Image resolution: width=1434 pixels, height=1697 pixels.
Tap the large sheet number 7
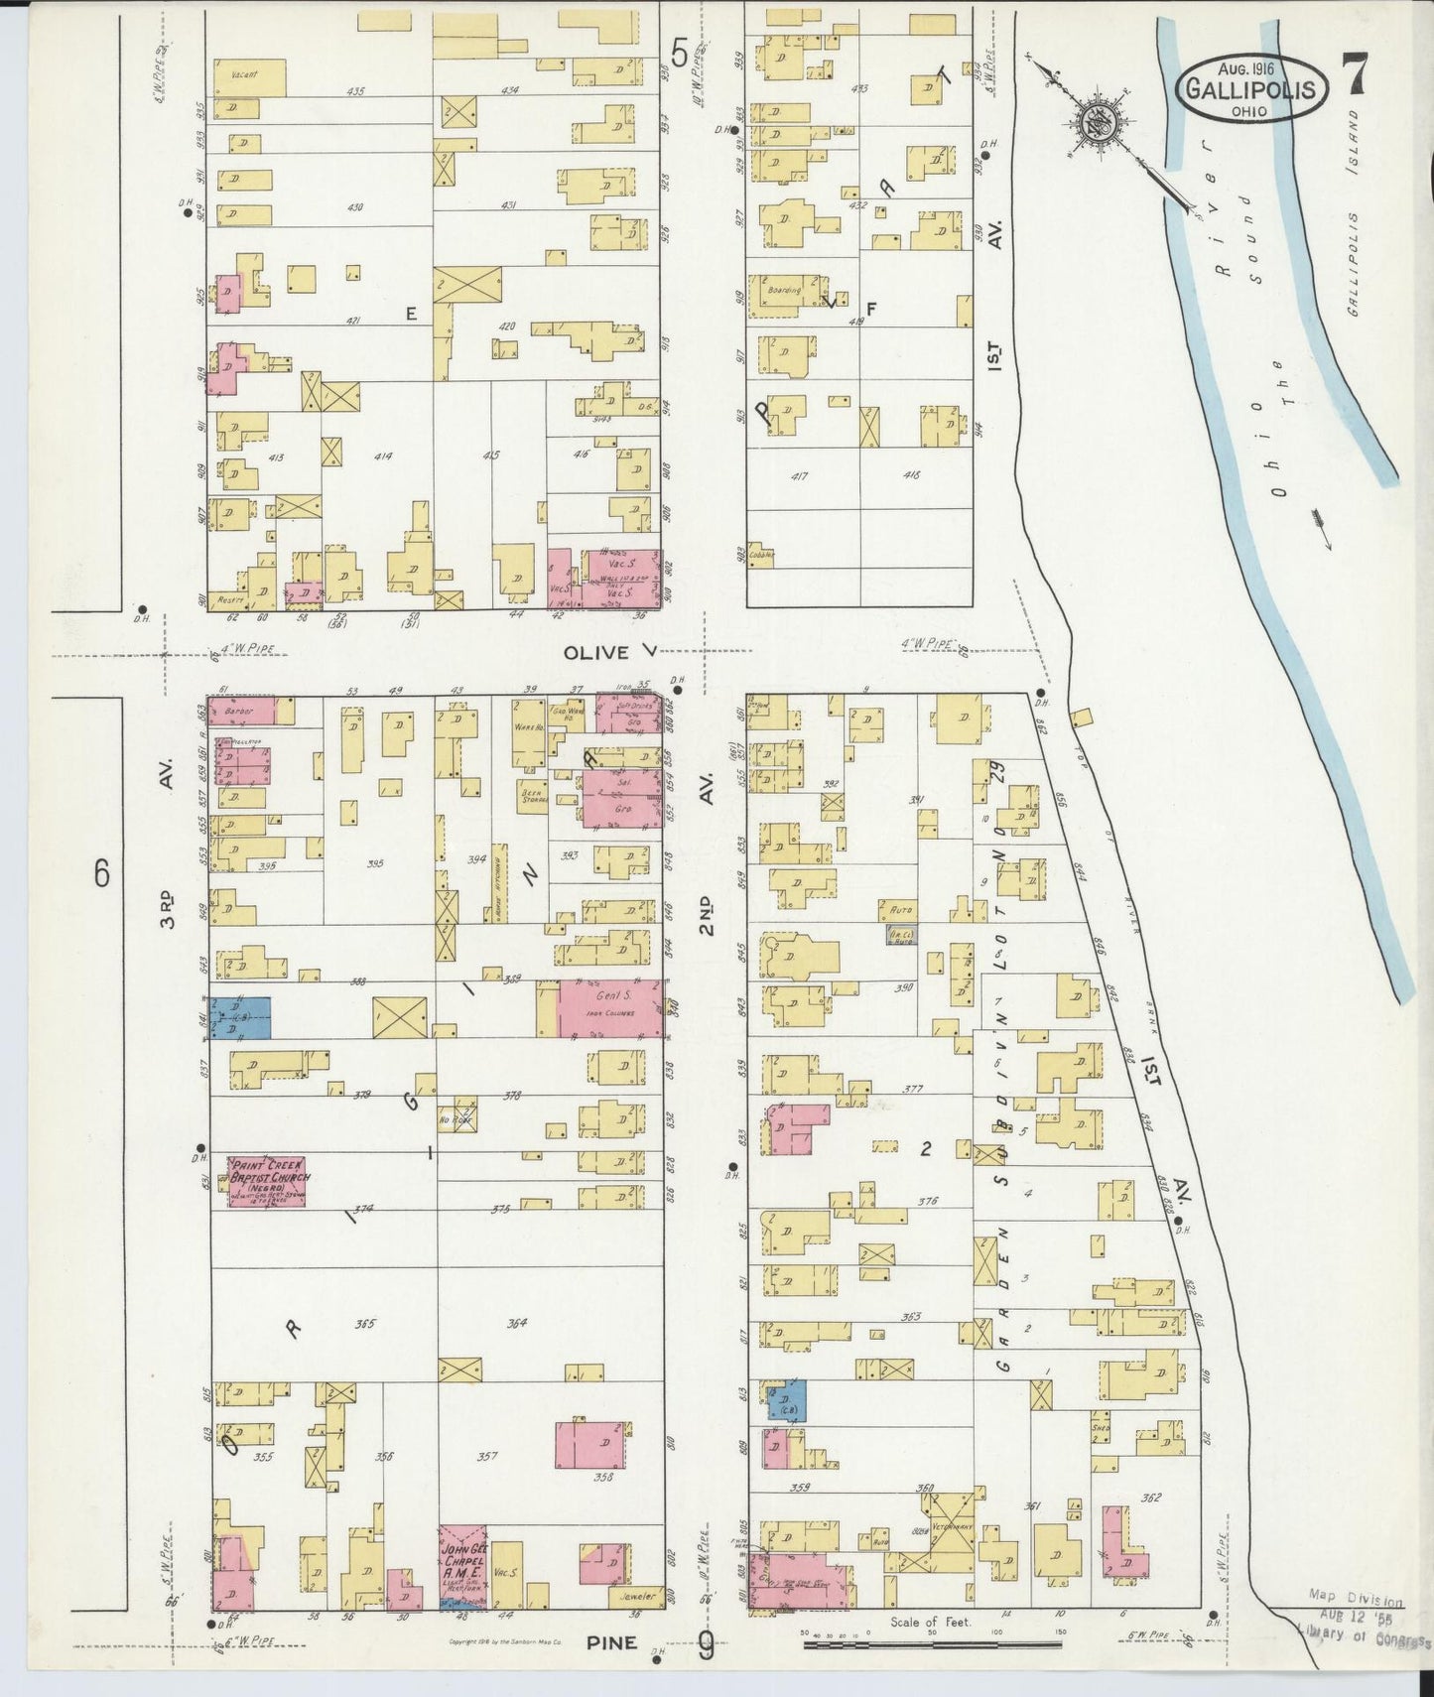click(x=1355, y=77)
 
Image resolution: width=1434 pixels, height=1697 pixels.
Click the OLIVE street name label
click(x=596, y=652)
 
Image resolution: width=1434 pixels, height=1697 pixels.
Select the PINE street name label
click(x=609, y=1642)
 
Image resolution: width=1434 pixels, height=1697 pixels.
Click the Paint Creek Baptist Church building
click(x=266, y=1181)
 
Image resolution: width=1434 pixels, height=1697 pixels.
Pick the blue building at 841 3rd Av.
click(x=240, y=1017)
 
